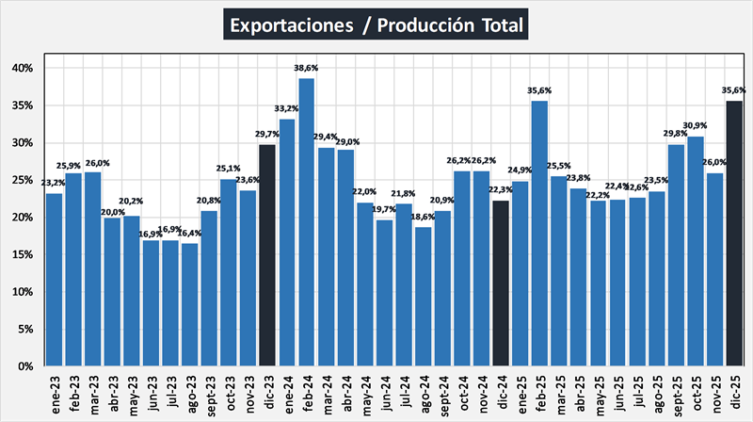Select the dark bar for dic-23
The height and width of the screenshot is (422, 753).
click(x=267, y=255)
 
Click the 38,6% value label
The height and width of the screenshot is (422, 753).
click(x=306, y=70)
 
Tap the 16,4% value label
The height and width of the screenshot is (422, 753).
click(x=190, y=235)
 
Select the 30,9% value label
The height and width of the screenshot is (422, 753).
click(x=696, y=126)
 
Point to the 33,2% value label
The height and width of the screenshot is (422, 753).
click(x=287, y=109)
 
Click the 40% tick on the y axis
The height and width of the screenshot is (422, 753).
click(x=23, y=69)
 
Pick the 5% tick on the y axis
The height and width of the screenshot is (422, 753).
click(x=25, y=329)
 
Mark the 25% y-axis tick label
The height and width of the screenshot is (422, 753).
click(x=23, y=180)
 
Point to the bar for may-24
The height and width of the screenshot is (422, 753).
click(x=365, y=284)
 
